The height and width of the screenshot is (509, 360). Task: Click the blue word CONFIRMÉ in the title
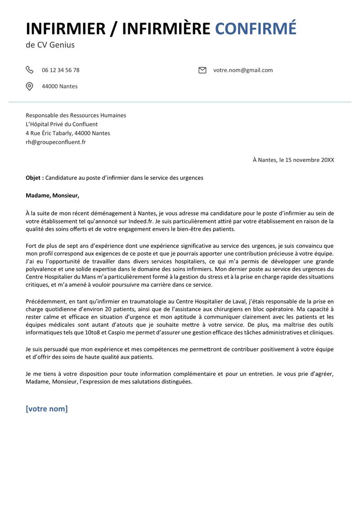(256, 28)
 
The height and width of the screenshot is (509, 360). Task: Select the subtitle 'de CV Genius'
(50, 45)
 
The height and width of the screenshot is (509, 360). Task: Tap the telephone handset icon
(29, 70)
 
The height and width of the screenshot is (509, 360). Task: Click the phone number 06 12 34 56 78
(61, 70)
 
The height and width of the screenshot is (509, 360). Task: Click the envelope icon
(202, 70)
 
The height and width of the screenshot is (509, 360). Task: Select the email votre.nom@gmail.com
(243, 70)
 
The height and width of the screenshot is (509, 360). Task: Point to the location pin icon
(29, 86)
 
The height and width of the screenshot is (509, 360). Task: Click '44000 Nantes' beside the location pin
(59, 86)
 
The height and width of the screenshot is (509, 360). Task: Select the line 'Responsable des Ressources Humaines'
(76, 115)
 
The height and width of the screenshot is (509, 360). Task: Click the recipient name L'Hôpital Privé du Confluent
(62, 124)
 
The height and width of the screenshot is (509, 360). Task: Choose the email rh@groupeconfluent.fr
(56, 142)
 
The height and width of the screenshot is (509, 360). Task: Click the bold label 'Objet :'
(35, 178)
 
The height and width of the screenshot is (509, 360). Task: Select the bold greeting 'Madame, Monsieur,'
(52, 195)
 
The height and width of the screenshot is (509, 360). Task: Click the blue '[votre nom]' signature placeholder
(47, 409)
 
